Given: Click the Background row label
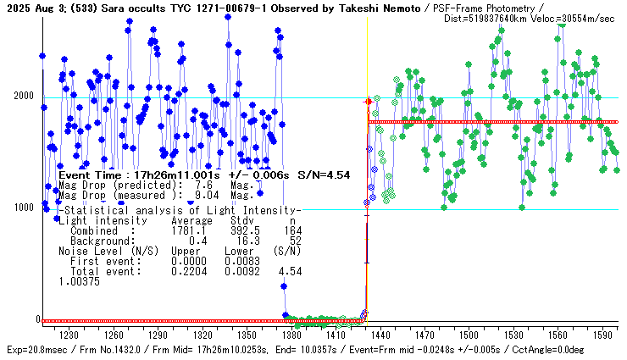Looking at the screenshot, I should pos(100,241).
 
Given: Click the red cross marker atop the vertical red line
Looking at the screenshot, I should pos(367,102).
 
